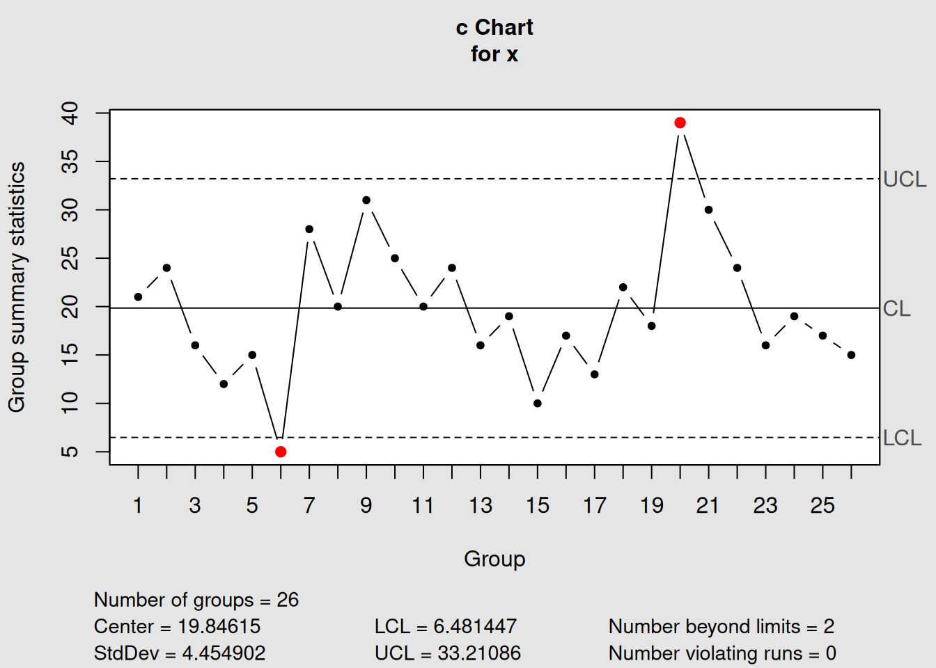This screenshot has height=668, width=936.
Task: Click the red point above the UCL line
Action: pyautogui.click(x=680, y=123)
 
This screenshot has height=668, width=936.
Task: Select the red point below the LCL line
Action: pyautogui.click(x=281, y=452)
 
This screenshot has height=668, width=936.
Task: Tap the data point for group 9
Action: pyautogui.click(x=366, y=200)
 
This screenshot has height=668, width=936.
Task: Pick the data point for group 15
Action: pyautogui.click(x=538, y=404)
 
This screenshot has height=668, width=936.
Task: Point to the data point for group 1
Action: pyautogui.click(x=138, y=297)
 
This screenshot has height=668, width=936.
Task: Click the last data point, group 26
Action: pyautogui.click(x=851, y=355)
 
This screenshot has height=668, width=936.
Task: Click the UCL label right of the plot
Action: pyautogui.click(x=904, y=180)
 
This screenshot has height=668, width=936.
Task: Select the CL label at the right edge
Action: pyautogui.click(x=896, y=308)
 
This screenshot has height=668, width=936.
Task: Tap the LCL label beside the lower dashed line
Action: pyautogui.click(x=902, y=438)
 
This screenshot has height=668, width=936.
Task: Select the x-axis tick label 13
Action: pyautogui.click(x=481, y=505)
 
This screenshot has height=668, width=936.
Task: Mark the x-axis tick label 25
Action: pyautogui.click(x=822, y=505)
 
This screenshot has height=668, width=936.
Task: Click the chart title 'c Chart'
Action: pyautogui.click(x=494, y=28)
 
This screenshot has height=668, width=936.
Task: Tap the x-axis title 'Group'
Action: pyautogui.click(x=494, y=559)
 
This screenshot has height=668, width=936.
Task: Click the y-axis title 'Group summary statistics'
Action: pyautogui.click(x=17, y=287)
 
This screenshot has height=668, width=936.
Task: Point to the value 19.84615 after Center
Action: pyautogui.click(x=219, y=626)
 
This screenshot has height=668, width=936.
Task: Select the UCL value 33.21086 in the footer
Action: pyautogui.click(x=479, y=653)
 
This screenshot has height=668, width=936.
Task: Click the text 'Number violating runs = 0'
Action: pyautogui.click(x=722, y=653)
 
